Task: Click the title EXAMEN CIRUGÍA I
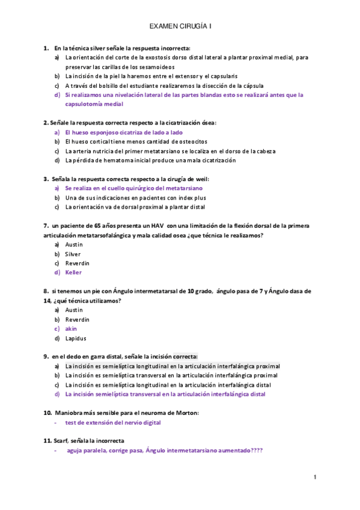180,27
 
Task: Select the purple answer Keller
73,272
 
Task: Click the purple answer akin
71,328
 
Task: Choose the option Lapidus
75,338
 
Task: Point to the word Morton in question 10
185,413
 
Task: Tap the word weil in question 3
201,179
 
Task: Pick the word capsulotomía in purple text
85,104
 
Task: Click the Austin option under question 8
74,310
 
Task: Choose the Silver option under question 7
73,254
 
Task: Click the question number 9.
46,357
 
